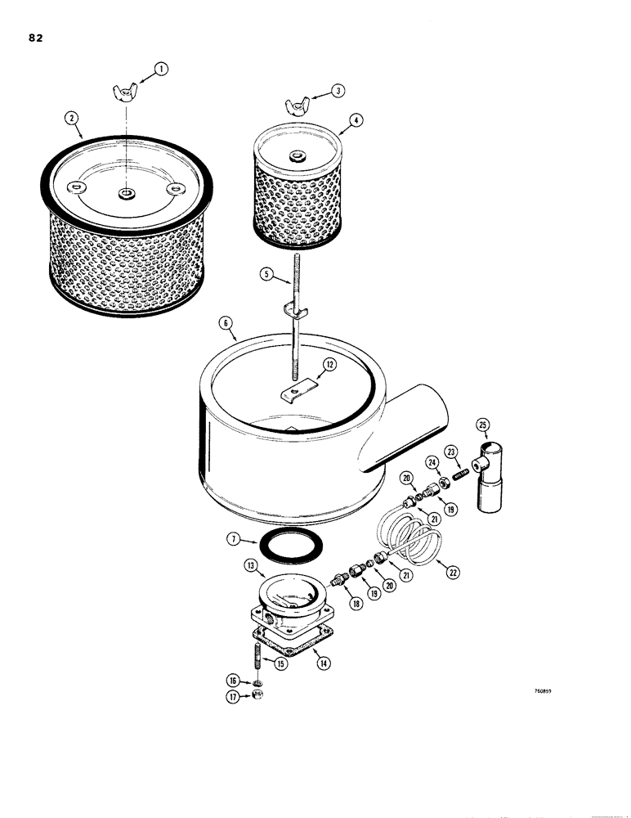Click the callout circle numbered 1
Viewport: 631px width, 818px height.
tap(161, 70)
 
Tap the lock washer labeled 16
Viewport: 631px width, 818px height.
tap(256, 681)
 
